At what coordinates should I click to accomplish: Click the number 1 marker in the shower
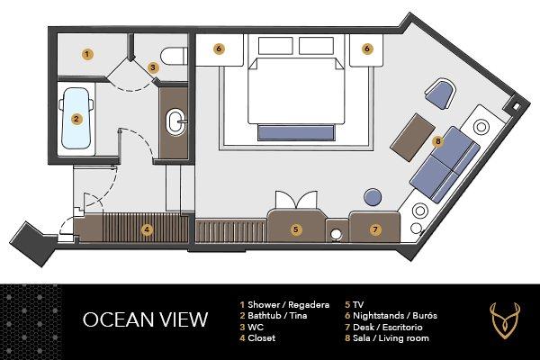pos(86,54)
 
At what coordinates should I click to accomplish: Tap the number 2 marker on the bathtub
pos(76,118)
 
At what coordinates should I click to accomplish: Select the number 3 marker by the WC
pos(153,67)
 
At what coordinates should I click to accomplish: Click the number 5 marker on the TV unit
pos(295,229)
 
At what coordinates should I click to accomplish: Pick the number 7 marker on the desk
pos(375,229)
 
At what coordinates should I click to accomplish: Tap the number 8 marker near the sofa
pos(438,140)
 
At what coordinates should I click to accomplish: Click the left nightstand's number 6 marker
pos(219,49)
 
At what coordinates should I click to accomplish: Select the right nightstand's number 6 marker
pos(367,49)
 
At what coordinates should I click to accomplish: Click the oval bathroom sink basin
pos(175,120)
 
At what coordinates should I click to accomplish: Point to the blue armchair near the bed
pos(440,91)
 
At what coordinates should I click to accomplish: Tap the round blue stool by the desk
pos(372,195)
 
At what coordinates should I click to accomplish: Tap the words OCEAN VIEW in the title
pos(145,319)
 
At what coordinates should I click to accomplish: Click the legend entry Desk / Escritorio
pos(386,327)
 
